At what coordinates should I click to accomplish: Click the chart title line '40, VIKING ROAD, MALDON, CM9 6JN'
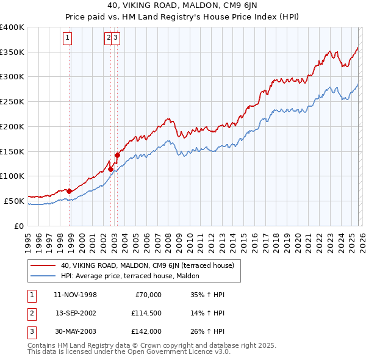pos(183,5)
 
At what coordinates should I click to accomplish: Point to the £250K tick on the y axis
pos(12,101)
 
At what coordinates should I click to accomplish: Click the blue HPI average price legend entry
pos(134,276)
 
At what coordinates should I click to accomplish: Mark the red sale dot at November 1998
pos(70,191)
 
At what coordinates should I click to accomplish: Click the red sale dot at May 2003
pos(117,155)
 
